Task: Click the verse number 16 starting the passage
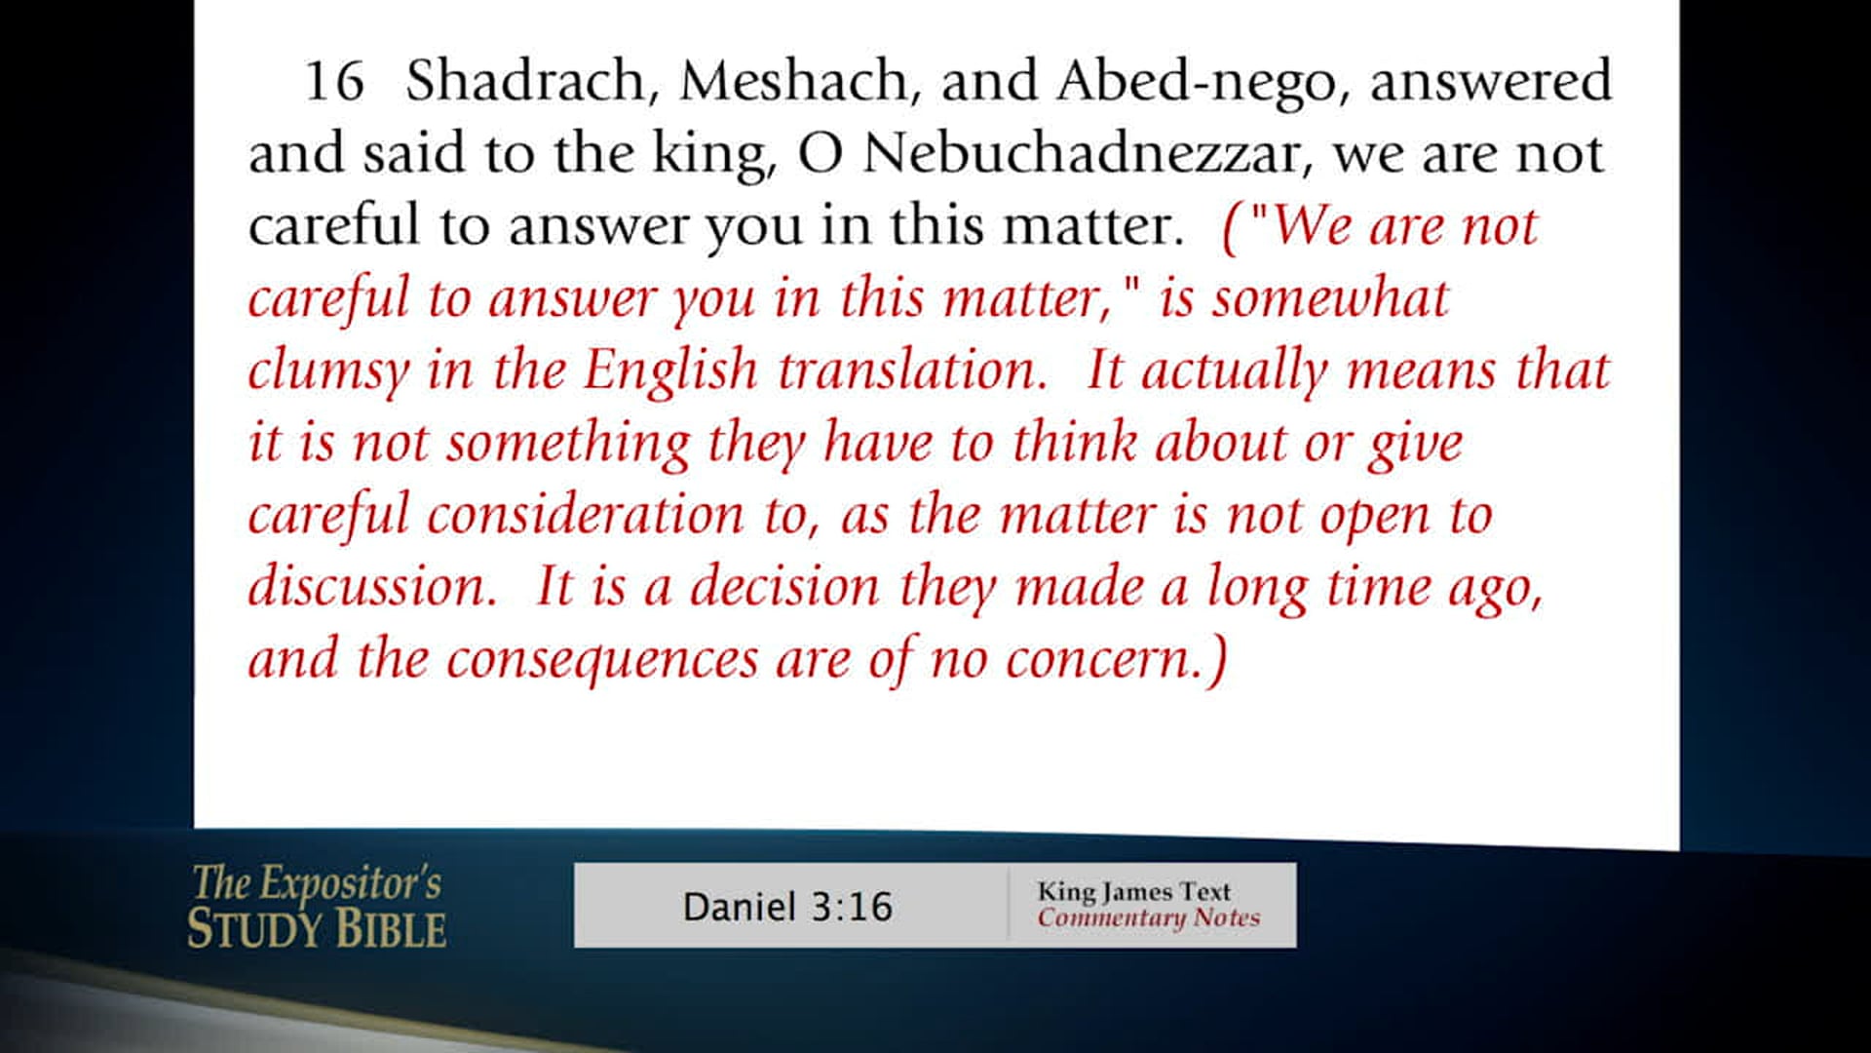[x=334, y=81]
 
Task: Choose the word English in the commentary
[x=670, y=370]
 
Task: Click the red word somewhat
[x=1330, y=298]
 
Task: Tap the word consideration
[x=585, y=515]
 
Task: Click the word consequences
[x=601, y=660]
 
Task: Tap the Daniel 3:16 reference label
[x=787, y=907]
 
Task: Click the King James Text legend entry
[x=1133, y=891]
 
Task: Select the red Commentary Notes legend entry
[x=1148, y=917]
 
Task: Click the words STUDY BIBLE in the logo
[x=317, y=928]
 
